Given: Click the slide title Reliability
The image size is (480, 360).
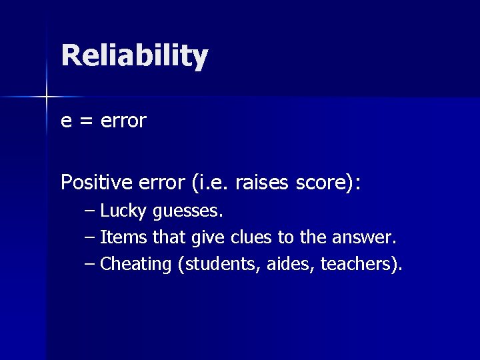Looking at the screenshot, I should coord(134,56).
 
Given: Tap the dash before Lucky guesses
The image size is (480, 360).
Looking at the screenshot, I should coord(90,211).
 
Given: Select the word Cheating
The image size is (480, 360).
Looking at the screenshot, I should coord(136,264).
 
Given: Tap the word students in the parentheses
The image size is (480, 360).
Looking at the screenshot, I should coord(215,264).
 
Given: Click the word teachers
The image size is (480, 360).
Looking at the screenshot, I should coord(358,264).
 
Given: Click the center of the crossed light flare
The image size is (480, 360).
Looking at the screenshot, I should coord(47,97).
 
